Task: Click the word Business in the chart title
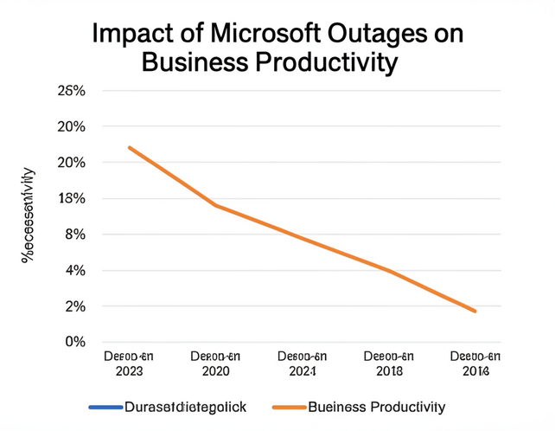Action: tap(195, 63)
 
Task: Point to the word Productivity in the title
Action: tap(328, 63)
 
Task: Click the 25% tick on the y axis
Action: tap(71, 91)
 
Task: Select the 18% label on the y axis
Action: tap(71, 199)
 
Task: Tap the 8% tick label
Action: tap(74, 235)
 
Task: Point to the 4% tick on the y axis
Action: tap(74, 271)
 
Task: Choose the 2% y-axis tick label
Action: tap(74, 306)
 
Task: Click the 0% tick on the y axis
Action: tap(74, 342)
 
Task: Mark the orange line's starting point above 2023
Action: tap(130, 147)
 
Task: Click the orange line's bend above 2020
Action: tap(215, 205)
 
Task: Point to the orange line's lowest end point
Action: tap(475, 311)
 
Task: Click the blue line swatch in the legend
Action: tap(104, 407)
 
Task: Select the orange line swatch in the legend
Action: tap(287, 407)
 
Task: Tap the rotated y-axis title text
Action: tap(29, 214)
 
